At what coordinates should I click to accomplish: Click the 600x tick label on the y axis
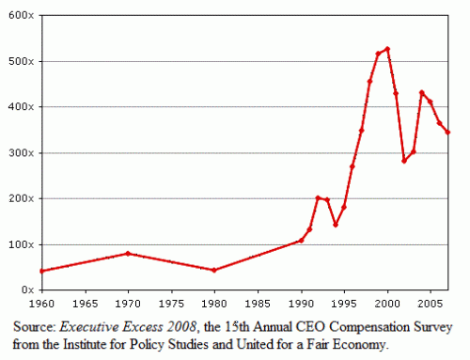(x=21, y=15)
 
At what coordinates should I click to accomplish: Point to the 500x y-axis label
(x=21, y=61)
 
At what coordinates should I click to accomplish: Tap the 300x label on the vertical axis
(x=21, y=152)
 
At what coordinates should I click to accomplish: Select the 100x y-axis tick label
(x=21, y=244)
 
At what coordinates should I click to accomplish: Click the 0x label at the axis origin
(x=26, y=290)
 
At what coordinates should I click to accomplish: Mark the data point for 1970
(x=128, y=253)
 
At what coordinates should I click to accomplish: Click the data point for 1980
(x=214, y=270)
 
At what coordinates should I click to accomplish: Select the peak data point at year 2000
(x=387, y=49)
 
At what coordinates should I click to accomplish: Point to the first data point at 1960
(x=41, y=271)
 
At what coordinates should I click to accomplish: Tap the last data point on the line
(x=447, y=132)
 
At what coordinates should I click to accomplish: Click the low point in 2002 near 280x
(x=404, y=161)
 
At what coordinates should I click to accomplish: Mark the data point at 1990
(x=301, y=241)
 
